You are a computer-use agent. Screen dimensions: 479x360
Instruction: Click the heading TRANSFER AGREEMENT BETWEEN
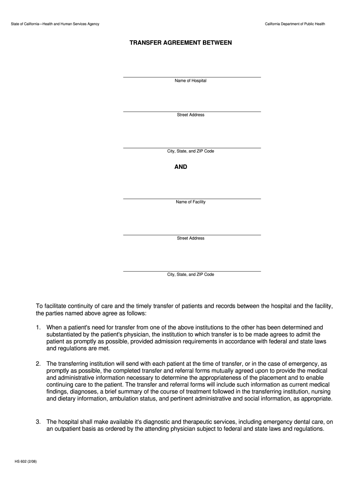coord(180,43)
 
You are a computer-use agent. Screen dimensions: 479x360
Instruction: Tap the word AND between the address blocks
coord(181,167)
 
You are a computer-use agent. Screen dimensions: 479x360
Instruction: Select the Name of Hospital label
coord(191,81)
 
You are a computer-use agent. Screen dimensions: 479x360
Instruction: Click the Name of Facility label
coord(191,202)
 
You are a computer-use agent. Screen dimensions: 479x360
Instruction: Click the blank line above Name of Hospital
coord(192,76)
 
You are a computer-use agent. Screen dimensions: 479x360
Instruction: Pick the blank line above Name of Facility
coord(192,198)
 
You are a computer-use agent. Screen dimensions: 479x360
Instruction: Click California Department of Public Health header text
coord(295,24)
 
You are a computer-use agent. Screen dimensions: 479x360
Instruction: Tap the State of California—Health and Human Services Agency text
coord(55,24)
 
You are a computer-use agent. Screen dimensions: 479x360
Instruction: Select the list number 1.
coord(38,328)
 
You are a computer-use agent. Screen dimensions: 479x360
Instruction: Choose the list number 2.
coord(38,364)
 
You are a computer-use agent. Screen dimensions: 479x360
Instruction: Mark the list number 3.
coord(38,421)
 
